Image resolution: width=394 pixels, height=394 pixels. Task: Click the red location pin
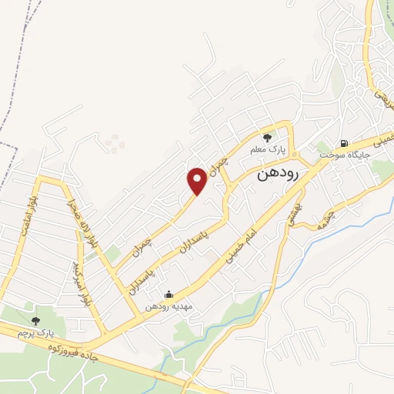point(197,180)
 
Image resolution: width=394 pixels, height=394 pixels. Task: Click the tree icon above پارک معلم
point(268,138)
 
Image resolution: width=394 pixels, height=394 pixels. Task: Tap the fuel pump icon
point(343,142)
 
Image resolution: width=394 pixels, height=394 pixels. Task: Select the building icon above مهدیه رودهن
point(169,293)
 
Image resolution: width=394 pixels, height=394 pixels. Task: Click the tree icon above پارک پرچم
point(35,320)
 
